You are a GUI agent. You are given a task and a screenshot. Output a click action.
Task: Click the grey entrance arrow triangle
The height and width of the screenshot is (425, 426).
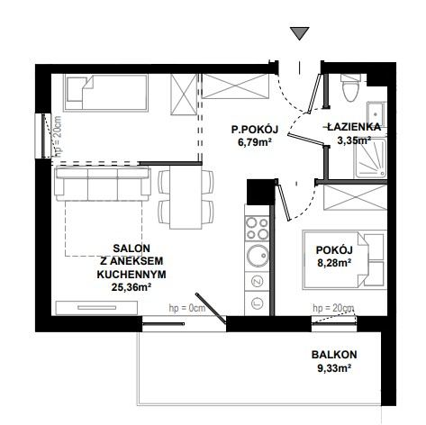(300, 33)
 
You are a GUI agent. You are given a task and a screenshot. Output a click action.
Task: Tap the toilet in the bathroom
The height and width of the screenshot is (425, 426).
(350, 87)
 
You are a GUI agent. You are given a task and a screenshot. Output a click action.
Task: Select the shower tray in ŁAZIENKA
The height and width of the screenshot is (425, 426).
(370, 158)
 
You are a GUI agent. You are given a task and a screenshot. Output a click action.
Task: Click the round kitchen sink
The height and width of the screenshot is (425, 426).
(258, 256)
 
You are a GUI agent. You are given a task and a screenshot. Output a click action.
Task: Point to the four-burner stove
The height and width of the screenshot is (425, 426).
(257, 229)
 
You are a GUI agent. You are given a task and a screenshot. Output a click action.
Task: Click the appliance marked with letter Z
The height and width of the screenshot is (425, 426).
(257, 281)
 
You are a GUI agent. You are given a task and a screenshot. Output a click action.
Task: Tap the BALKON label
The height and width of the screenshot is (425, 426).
(334, 355)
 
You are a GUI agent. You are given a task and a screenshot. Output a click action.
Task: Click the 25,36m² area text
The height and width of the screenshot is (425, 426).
(131, 287)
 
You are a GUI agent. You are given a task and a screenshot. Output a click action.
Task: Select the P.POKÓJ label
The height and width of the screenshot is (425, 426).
(255, 130)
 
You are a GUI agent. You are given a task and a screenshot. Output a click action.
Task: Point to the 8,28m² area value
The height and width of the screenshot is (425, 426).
(334, 263)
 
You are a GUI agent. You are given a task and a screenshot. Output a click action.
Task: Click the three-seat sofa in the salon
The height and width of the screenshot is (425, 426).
(103, 184)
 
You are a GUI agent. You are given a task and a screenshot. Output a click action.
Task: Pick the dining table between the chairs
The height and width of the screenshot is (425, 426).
(186, 197)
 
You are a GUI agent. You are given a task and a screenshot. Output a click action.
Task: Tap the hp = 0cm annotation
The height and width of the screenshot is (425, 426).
(187, 308)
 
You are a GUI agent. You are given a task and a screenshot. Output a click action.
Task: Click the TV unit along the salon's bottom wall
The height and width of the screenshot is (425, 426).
(96, 308)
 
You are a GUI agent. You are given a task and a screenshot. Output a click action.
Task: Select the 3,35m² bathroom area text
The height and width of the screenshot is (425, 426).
(354, 140)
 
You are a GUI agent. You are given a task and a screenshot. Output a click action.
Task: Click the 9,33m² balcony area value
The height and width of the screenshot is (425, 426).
(334, 368)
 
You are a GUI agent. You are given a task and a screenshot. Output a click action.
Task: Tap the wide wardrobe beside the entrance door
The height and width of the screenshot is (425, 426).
(235, 86)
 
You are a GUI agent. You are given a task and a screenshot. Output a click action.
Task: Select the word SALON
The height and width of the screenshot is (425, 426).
(131, 249)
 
